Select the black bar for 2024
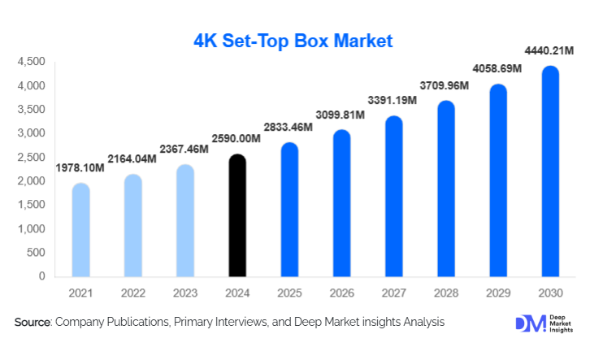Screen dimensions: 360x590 (x=237, y=216)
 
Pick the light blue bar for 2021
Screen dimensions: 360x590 (x=81, y=231)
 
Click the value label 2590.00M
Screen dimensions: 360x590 (x=237, y=140)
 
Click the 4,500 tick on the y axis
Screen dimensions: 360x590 (x=32, y=62)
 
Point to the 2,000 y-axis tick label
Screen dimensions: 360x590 (x=32, y=181)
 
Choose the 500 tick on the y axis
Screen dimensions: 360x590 (x=37, y=253)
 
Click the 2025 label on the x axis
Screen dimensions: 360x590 (x=289, y=292)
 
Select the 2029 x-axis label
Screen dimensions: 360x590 (x=498, y=292)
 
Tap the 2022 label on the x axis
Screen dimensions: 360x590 (x=133, y=292)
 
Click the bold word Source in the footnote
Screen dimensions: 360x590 (x=33, y=323)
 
